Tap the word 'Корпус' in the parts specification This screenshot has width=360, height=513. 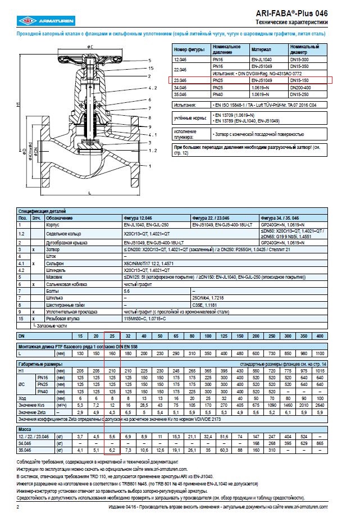click(53, 224)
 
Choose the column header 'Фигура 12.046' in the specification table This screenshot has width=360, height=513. click(138, 217)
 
